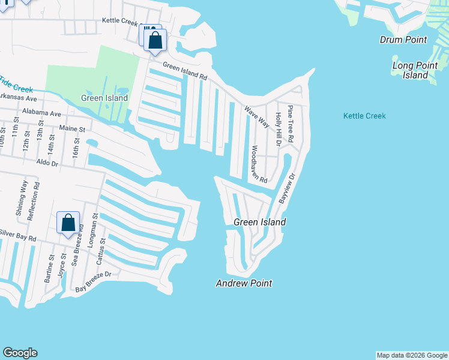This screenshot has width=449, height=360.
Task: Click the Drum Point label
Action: pos(403,40)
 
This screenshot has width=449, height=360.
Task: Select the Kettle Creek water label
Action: pos(364,116)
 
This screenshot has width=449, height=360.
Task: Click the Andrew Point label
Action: pos(244,283)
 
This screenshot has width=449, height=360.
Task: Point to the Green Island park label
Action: pos(104,98)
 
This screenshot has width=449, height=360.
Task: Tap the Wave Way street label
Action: pos(256,117)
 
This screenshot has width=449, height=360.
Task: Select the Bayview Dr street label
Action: pos(287,190)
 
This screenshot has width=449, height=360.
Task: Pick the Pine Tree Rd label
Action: pos(291,123)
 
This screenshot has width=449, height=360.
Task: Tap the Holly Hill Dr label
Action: pos(277,129)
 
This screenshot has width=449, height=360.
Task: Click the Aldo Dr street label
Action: pos(47,163)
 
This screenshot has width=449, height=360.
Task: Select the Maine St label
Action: pos(73,128)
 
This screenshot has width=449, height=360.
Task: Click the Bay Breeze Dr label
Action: pos(94,290)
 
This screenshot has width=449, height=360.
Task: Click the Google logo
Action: pos(20,353)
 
